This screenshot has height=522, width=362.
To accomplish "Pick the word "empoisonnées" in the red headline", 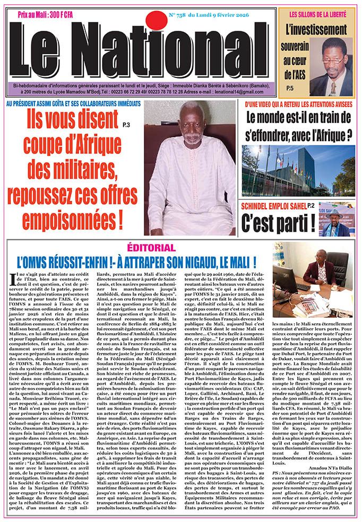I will click(x=72, y=217).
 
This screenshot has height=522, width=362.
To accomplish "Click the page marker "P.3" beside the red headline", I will click(x=125, y=125).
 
